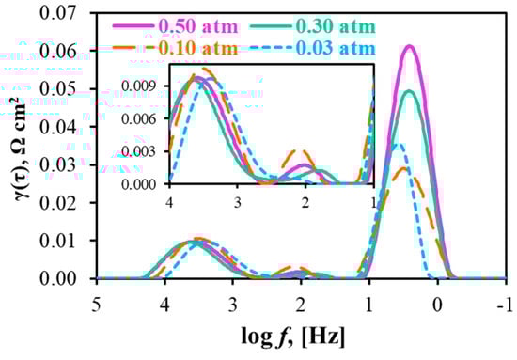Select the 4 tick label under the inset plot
point(169,202)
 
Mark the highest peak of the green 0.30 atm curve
point(409,91)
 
